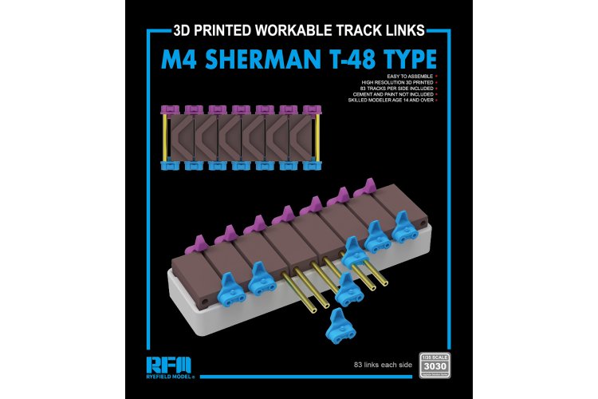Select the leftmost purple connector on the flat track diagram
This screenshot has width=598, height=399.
click(x=171, y=111)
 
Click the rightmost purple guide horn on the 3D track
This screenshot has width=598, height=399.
click(x=366, y=189)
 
